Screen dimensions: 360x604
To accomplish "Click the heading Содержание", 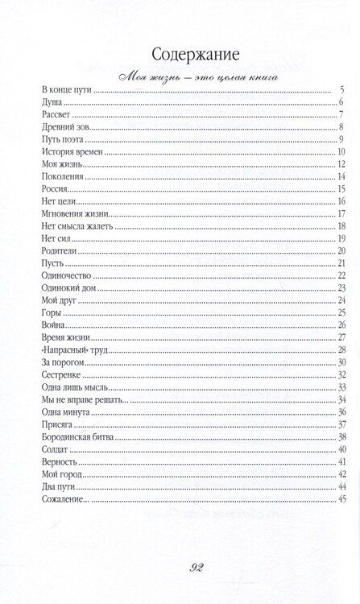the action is pos(180,55).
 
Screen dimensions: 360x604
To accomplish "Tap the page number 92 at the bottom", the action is pos(180,567).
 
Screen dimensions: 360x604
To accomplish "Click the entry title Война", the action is pos(55,325).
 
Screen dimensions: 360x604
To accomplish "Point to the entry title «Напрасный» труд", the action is pos(74,350).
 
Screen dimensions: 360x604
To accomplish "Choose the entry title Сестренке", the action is pos(61,374).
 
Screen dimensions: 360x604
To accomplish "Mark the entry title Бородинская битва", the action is pos(79,436).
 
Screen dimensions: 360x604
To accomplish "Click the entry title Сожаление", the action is pos(64,499).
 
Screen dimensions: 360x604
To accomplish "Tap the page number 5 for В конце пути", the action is pos(342,89).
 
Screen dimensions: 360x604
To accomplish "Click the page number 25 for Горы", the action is pos(341,312).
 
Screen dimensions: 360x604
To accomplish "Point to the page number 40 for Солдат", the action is pos(341,449).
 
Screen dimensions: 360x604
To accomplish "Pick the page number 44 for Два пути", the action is pos(341,486).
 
